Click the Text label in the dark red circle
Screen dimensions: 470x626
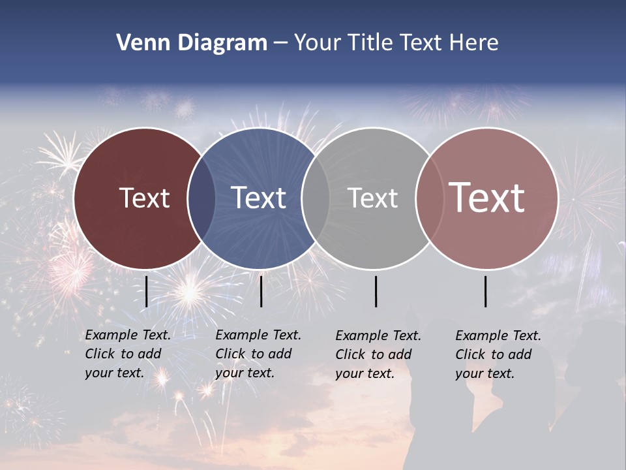(144, 198)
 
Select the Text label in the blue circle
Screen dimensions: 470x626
(258, 198)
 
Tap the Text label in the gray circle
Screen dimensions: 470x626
(372, 198)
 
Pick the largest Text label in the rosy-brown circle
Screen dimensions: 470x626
(487, 197)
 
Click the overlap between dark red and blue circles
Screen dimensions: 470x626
(201, 198)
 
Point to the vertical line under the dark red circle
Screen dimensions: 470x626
(147, 291)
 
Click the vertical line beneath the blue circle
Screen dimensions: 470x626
(261, 291)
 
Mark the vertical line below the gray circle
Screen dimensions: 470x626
(376, 291)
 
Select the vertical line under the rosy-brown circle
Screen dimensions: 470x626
(486, 291)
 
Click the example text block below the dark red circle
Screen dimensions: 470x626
(128, 354)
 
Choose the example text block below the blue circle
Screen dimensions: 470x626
(258, 354)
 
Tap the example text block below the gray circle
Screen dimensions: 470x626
(378, 354)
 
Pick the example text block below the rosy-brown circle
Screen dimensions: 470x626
(498, 354)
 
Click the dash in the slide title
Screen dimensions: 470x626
(280, 43)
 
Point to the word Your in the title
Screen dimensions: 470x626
(318, 43)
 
